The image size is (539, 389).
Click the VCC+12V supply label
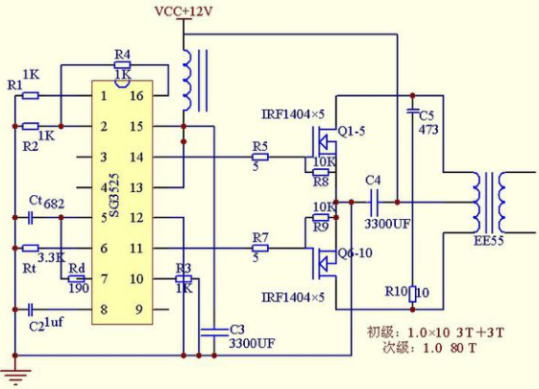184,11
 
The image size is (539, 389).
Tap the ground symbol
15,376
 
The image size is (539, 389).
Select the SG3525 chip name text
114,194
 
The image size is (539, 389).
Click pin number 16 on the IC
136,95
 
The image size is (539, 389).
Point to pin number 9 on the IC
138,309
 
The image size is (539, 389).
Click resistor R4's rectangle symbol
122,65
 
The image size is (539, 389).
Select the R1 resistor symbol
30,95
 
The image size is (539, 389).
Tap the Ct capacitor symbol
31,217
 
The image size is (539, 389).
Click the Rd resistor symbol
76,279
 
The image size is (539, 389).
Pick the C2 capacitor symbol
31,309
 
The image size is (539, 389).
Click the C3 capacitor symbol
214,332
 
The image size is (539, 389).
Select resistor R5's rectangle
260,158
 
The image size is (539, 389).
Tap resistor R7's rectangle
260,248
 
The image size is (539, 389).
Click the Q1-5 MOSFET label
352,131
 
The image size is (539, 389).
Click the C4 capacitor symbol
374,203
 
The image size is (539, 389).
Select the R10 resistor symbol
412,294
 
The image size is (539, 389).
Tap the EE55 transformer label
488,240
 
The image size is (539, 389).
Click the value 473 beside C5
429,130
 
